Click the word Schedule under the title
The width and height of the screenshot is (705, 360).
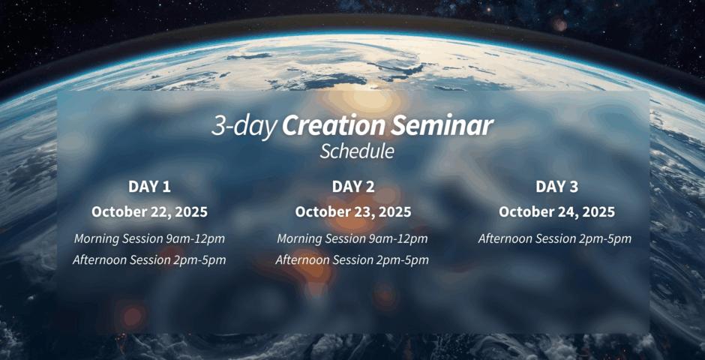pyautogui.click(x=357, y=151)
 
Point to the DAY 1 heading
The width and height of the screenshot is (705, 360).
pyautogui.click(x=150, y=187)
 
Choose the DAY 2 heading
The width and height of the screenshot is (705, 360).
pyautogui.click(x=353, y=187)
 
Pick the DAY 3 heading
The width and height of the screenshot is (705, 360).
pyautogui.click(x=557, y=187)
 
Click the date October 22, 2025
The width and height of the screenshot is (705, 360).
pyautogui.click(x=150, y=212)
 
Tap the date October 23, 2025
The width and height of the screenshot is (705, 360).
pyautogui.click(x=353, y=212)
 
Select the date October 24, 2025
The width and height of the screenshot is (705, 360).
pyautogui.click(x=557, y=212)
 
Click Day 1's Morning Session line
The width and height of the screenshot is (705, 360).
pyautogui.click(x=150, y=238)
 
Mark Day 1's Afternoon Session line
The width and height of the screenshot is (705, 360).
pyautogui.click(x=150, y=259)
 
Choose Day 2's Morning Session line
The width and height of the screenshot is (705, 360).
pyautogui.click(x=352, y=238)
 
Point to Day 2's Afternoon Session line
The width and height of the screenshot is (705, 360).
pyautogui.click(x=352, y=259)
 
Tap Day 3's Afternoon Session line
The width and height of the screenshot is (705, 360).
pyautogui.click(x=555, y=238)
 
